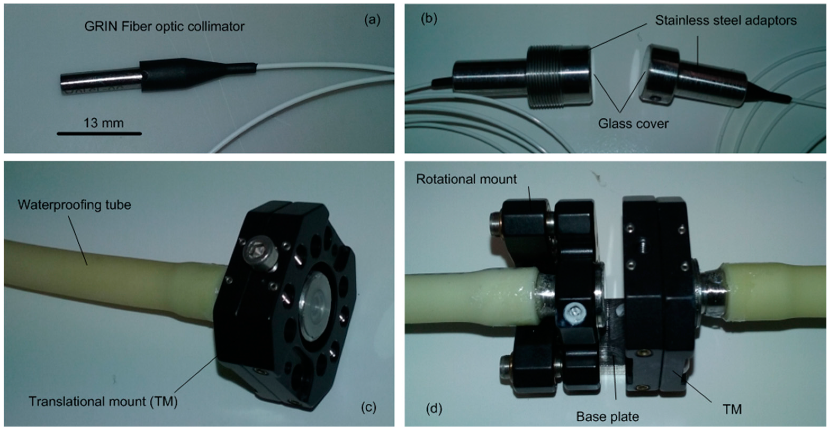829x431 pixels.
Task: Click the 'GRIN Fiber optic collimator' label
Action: pyautogui.click(x=164, y=26)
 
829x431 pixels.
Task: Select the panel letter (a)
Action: pyautogui.click(x=372, y=20)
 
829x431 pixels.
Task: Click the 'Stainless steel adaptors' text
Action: pyautogui.click(x=726, y=21)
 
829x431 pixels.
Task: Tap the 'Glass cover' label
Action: pyautogui.click(x=633, y=124)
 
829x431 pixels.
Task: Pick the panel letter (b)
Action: pyautogui.click(x=429, y=19)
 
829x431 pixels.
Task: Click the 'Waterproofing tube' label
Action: pyautogui.click(x=74, y=205)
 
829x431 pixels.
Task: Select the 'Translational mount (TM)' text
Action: pyautogui.click(x=103, y=401)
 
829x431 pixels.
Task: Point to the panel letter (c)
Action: pyautogui.click(x=368, y=407)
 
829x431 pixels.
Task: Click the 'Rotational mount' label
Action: pyautogui.click(x=466, y=179)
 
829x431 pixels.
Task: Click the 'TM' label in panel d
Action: pyautogui.click(x=732, y=410)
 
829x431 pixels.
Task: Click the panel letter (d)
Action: pyautogui.click(x=434, y=409)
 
